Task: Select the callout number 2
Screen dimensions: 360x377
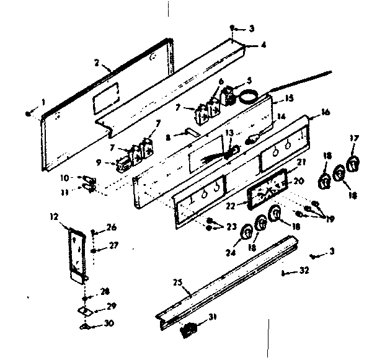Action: coord(97,62)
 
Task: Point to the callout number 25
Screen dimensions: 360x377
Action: coord(178,284)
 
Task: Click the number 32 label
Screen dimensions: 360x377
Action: coord(303,270)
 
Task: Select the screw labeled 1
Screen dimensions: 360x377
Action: coord(29,113)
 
